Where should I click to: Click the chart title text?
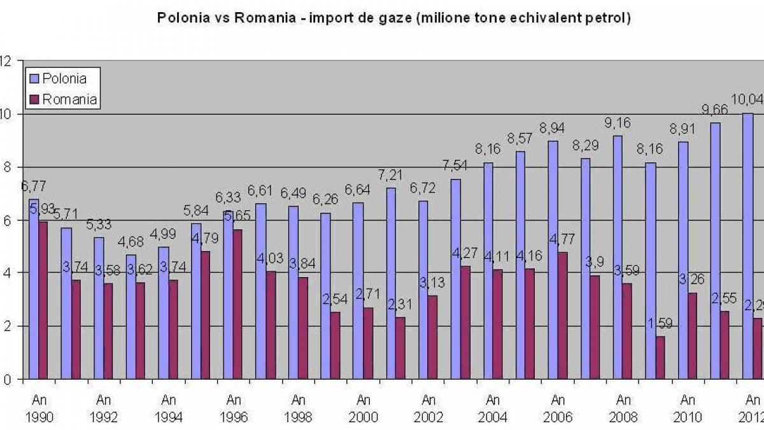[x=393, y=18]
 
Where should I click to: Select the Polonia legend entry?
[x=62, y=78]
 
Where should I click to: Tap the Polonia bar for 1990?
[x=34, y=289]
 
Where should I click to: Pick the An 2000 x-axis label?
[x=363, y=409]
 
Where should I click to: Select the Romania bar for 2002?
[x=432, y=338]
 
